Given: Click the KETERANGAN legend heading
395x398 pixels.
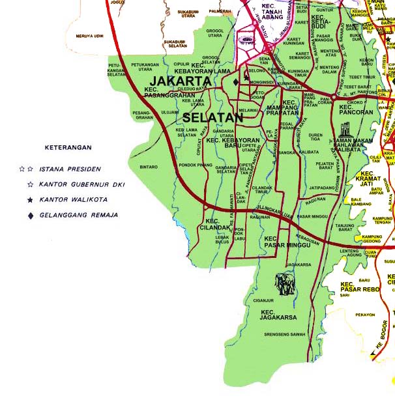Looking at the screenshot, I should coord(68,148).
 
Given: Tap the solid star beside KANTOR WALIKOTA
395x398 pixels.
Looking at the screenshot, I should coord(29,199).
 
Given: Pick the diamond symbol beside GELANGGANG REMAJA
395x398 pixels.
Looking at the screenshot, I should coord(29,214).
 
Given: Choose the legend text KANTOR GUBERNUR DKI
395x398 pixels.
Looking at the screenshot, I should coord(81,184).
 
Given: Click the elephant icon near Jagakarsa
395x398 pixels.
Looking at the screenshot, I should coord(284,284).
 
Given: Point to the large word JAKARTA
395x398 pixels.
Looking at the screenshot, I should coord(183,81).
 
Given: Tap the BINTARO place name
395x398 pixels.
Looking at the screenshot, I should coord(149,167).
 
